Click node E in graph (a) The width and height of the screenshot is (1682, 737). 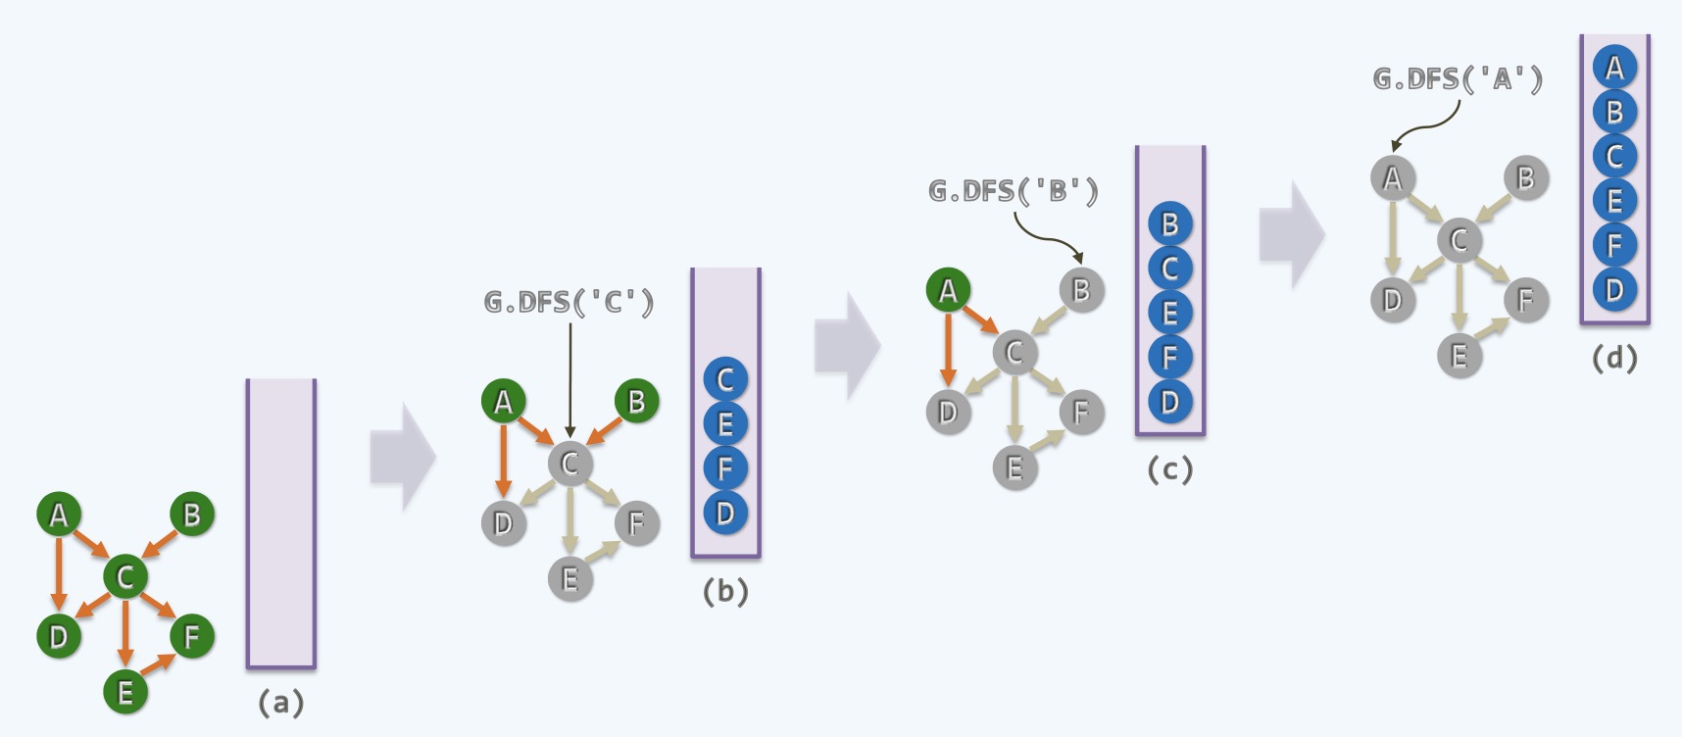[125, 692]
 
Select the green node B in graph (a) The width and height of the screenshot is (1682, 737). [192, 515]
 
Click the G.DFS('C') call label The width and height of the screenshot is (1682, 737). [569, 303]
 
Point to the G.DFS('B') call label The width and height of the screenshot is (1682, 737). [1013, 191]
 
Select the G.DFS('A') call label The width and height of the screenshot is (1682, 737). [1458, 79]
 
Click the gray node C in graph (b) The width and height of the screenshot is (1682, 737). [569, 464]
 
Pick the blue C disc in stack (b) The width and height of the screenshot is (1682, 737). [725, 380]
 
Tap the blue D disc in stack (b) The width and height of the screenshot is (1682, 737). [725, 513]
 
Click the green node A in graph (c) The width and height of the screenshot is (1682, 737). [948, 291]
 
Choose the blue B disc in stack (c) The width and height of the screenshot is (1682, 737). [1169, 224]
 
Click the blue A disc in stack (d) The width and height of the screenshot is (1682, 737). [1614, 69]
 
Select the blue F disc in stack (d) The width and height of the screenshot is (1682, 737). [1614, 245]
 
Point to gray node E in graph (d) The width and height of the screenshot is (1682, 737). [1459, 356]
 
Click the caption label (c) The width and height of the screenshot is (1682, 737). [1169, 470]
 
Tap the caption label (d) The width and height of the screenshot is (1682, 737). [1614, 359]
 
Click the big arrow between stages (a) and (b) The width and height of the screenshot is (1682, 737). [403, 457]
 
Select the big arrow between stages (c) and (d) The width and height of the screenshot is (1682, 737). [1292, 235]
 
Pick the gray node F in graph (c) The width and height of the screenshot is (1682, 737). [1081, 413]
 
